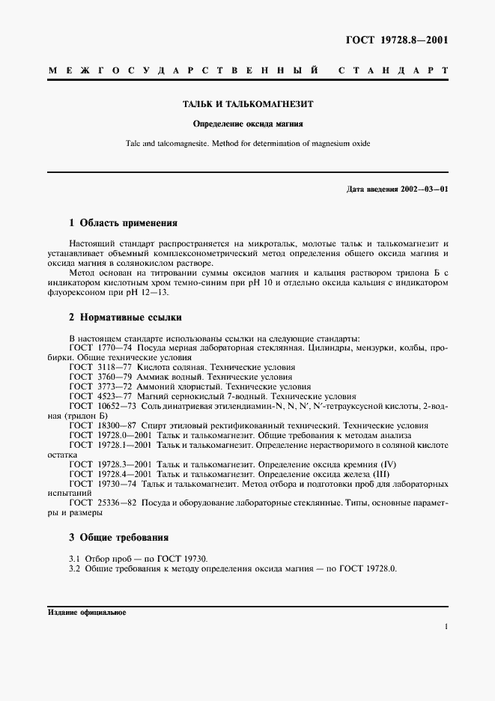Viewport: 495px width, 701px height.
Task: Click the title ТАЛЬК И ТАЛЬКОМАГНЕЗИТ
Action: pyautogui.click(x=248, y=106)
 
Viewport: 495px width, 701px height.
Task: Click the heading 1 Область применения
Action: pyautogui.click(x=123, y=222)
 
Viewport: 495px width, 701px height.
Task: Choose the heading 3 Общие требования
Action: pyautogui.click(x=118, y=537)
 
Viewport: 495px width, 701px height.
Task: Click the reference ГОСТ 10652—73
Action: pyautogui.click(x=94, y=406)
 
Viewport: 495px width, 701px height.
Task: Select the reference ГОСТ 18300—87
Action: pyautogui.click(x=94, y=425)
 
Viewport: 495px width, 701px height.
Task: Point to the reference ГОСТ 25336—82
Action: pyautogui.click(x=94, y=503)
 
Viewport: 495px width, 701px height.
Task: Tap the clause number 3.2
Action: pyautogui.click(x=74, y=568)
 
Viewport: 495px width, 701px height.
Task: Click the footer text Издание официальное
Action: pyautogui.click(x=87, y=612)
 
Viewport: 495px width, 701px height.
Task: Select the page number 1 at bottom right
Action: pyautogui.click(x=446, y=628)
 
